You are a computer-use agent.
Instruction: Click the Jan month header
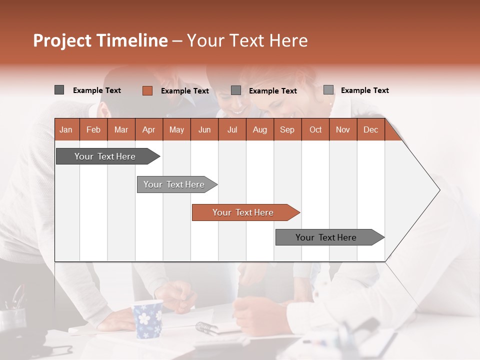click(x=66, y=129)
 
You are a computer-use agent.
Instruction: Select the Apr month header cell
click(x=148, y=129)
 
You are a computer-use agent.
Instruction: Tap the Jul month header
click(x=232, y=129)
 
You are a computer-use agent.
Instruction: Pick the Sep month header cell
click(x=287, y=129)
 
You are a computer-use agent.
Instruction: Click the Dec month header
click(x=370, y=129)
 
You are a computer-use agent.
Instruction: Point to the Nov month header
click(x=342, y=129)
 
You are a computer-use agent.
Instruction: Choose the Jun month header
click(x=204, y=129)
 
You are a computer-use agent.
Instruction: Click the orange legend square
click(x=147, y=90)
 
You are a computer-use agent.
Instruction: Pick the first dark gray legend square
click(x=59, y=90)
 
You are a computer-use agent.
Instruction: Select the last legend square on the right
click(x=328, y=90)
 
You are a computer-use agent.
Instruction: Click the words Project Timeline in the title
click(x=100, y=40)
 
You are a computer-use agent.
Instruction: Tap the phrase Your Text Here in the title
click(x=247, y=40)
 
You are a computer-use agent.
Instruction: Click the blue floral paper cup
click(x=148, y=318)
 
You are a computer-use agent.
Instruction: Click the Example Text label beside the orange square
click(x=184, y=91)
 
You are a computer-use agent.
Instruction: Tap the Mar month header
click(x=121, y=129)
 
